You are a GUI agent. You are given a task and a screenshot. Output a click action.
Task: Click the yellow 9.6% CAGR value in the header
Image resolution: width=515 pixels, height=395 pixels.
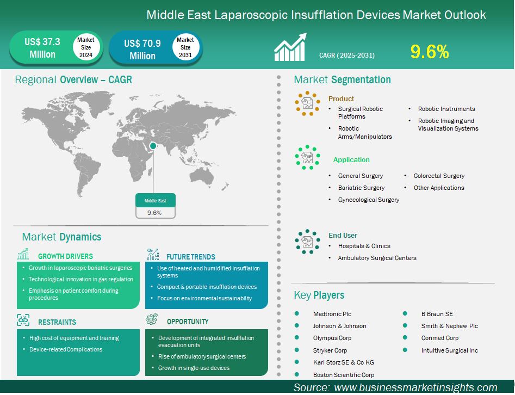pos(430,52)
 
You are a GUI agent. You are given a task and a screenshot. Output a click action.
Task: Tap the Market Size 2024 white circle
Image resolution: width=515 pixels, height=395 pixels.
pos(86,47)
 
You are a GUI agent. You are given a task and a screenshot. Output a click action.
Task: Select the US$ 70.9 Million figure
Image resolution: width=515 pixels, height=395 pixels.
pos(142,50)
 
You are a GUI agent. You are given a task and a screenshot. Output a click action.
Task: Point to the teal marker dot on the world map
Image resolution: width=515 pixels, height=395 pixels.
pos(153,146)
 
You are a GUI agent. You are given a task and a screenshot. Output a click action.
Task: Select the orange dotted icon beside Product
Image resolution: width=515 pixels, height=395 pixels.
pos(307,103)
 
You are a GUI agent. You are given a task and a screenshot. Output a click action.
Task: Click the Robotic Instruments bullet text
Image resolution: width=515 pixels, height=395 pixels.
pos(446,109)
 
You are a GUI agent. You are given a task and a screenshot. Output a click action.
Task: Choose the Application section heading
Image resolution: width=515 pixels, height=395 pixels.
pos(351,160)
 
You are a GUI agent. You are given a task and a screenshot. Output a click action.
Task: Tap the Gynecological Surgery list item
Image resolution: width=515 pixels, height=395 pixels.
pos(369,200)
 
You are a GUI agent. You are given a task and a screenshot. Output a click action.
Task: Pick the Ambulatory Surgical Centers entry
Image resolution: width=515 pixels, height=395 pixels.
pos(377,258)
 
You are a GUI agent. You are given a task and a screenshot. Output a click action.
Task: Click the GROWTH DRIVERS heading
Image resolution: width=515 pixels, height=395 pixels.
pos(65,256)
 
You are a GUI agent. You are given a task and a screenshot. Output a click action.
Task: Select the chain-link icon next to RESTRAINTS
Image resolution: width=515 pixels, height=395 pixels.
pos(23,320)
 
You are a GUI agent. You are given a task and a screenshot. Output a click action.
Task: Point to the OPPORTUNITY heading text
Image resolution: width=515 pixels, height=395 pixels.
pos(188,322)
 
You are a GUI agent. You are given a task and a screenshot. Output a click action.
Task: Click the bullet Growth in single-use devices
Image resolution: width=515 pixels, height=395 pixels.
pos(194,368)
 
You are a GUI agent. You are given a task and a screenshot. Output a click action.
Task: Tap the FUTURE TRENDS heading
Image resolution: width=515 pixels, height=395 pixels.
pos(190,257)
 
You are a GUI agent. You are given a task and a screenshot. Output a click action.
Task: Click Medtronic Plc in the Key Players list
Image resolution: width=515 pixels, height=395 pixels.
pos(332,314)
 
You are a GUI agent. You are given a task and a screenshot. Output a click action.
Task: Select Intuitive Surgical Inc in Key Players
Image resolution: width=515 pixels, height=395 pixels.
pos(449,350)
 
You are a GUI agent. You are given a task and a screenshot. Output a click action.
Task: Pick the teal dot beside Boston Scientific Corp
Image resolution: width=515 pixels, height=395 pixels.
pos(297,374)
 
